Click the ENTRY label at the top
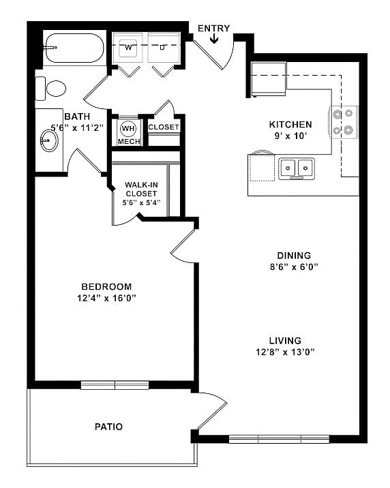213,28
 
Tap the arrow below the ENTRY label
214,39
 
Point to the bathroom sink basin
49,141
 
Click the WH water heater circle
128,127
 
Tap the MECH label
128,141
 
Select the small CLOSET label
164,127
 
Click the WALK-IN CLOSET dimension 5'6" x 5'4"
140,202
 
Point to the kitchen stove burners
345,121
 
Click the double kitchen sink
296,167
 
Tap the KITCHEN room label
290,125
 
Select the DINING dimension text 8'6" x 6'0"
294,267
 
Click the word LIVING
285,340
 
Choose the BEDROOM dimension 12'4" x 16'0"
106,298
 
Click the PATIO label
108,427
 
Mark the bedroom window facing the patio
115,385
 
